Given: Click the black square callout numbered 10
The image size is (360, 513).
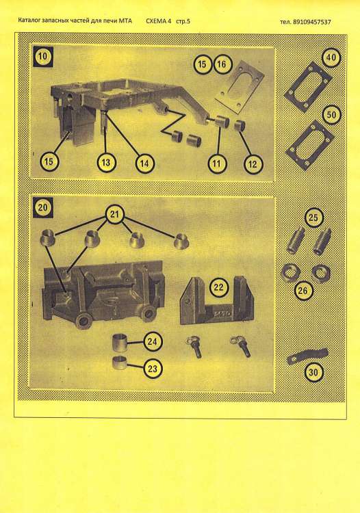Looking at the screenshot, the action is coord(43,57).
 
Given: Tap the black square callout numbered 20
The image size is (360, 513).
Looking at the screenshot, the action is coord(43,207).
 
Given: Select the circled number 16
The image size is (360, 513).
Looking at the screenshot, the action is coord(222,64).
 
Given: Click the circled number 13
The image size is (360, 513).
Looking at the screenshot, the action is coord(106,163).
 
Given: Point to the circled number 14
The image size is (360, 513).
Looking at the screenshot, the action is coord(144,163).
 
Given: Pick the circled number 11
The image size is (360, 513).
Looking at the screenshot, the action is coord(218,163).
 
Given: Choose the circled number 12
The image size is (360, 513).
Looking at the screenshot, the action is coord(253,164).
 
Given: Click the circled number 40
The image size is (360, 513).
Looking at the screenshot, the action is coord(331,57).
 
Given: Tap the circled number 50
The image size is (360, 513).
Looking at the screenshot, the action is coord(331,115).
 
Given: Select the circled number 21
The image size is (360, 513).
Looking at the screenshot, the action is coord(114,215).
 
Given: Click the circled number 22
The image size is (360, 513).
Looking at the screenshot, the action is coord(218,287).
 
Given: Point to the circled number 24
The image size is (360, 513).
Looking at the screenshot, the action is coord(153,342).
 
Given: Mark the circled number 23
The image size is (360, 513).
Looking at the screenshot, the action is coord(153,369).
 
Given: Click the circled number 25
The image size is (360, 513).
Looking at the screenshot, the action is coord(313,218).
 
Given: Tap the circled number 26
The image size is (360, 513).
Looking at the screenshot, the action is coord(303,291).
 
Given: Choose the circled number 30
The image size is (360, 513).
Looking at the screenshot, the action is coord(313,372).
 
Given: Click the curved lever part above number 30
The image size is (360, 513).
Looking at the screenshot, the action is coord(307,356).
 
